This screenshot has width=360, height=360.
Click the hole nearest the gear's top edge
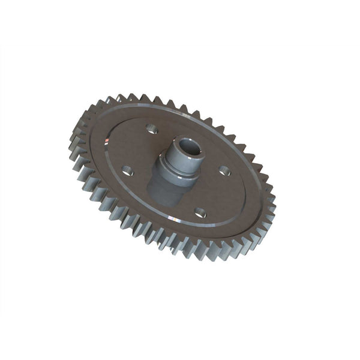coord(152,128)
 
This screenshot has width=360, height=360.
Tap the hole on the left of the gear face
coord(128,170)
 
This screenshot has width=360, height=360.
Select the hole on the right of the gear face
coord(224,170)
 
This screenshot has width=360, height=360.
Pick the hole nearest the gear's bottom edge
coord(200,212)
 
